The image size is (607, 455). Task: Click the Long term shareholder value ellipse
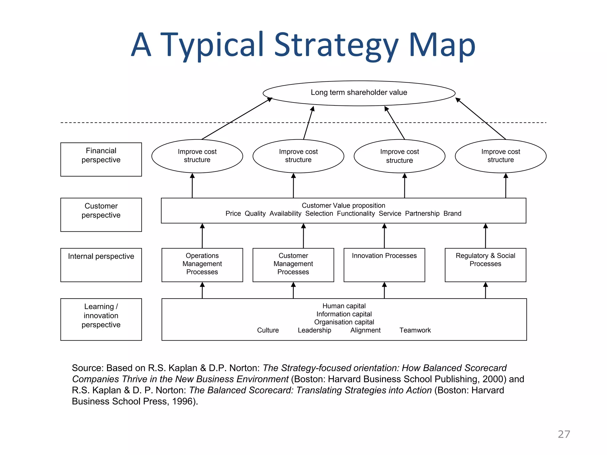point(359,93)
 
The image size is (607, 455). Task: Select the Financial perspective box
point(101,159)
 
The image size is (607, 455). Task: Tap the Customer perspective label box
point(101,214)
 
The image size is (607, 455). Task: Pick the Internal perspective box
point(101,265)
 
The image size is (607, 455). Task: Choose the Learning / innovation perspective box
point(101,319)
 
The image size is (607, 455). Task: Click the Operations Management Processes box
point(202,265)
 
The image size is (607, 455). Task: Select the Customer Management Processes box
point(293,265)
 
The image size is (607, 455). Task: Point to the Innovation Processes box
point(384,265)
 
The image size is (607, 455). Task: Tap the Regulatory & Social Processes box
point(485,265)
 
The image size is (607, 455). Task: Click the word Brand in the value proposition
point(452,214)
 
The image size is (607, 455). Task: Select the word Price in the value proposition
point(233,214)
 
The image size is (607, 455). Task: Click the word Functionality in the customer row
point(356,214)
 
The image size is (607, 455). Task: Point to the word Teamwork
point(415,330)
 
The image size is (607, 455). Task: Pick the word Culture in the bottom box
point(268,330)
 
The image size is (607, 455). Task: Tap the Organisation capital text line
point(344,322)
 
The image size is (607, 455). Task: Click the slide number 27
point(564,434)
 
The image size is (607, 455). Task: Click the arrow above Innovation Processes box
point(384,235)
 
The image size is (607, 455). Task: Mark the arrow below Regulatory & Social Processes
point(485,290)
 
